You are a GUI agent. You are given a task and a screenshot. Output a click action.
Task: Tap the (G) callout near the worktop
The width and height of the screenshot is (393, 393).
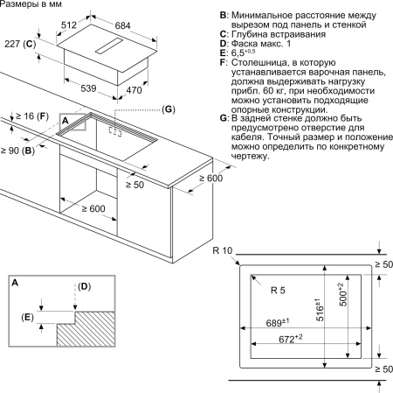point(169,109)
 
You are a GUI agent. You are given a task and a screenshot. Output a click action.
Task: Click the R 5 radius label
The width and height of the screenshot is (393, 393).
point(279,290)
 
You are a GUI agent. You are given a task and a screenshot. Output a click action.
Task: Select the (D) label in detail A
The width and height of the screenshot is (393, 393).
point(84,286)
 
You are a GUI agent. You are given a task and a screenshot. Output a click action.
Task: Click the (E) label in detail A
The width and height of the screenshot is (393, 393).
point(29,317)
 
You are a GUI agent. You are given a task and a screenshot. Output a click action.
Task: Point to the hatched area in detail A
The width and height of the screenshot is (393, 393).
point(87,334)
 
